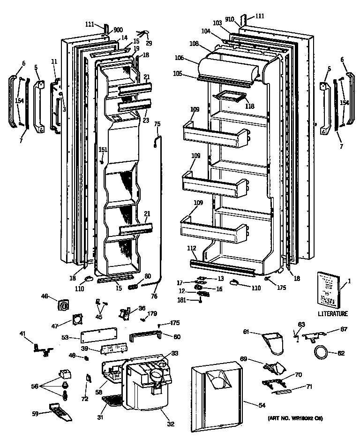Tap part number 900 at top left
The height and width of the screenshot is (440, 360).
117,30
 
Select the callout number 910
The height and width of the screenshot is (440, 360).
229,20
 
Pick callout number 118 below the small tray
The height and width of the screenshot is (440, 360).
250,106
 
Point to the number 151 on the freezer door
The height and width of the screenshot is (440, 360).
103,150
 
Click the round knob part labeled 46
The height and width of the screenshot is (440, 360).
63,305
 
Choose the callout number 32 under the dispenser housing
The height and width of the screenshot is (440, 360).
171,424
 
